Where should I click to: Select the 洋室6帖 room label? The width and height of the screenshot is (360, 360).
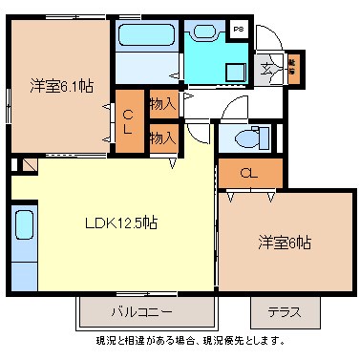pyautogui.click(x=283, y=243)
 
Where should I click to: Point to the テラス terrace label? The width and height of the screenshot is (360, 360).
pyautogui.click(x=284, y=312)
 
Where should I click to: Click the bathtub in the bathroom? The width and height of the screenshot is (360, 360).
pyautogui.click(x=146, y=37)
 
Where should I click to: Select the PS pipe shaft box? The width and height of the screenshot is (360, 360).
pyautogui.click(x=239, y=30)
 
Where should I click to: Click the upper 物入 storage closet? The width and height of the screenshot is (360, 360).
pyautogui.click(x=161, y=102)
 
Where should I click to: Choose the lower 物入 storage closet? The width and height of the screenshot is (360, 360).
pyautogui.click(x=161, y=138)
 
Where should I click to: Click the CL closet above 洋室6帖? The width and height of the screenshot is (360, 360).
pyautogui.click(x=248, y=173)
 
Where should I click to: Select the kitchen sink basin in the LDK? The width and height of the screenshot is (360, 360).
pyautogui.click(x=24, y=229)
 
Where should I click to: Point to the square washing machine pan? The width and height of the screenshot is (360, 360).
pyautogui.click(x=233, y=69)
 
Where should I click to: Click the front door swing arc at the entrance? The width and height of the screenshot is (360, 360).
pyautogui.click(x=269, y=38)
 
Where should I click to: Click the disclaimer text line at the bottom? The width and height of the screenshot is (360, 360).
pyautogui.click(x=190, y=340)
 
